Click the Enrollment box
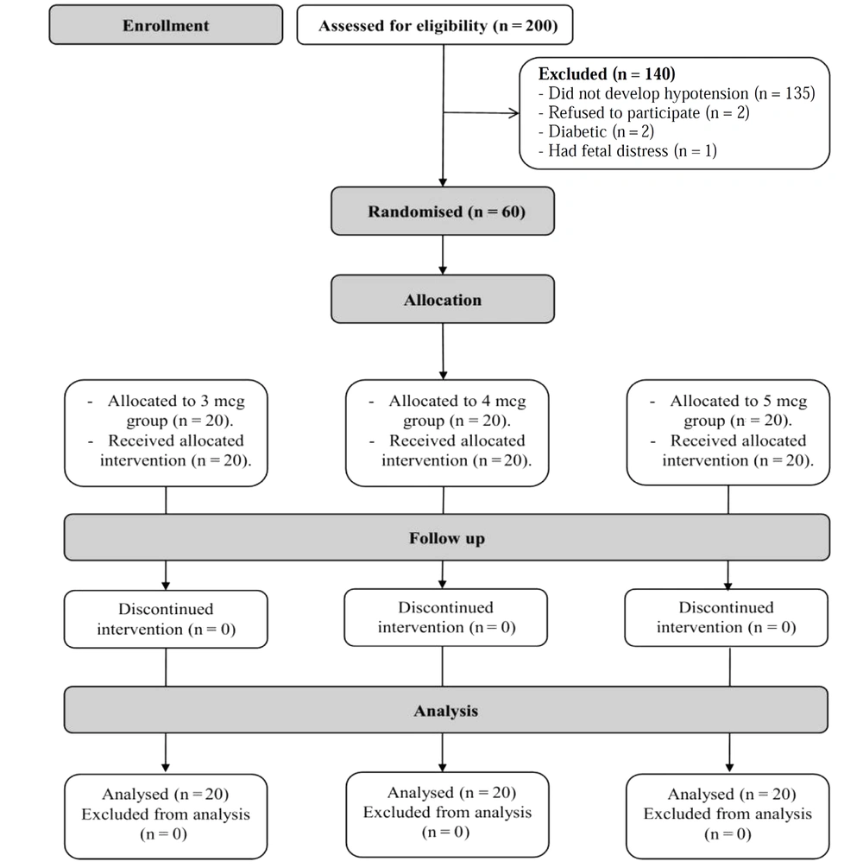pyautogui.click(x=166, y=25)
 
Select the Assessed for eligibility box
pyautogui.click(x=435, y=25)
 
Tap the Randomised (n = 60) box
pyautogui.click(x=443, y=211)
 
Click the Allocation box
pyautogui.click(x=443, y=299)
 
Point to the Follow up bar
pyautogui.click(x=447, y=537)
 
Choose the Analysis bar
pyautogui.click(x=446, y=710)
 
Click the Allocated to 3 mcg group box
pyautogui.click(x=166, y=433)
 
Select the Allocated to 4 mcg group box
pyautogui.click(x=447, y=433)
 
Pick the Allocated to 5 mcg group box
pyautogui.click(x=728, y=433)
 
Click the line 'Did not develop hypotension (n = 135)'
pyautogui.click(x=677, y=93)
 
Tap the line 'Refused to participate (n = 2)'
pyautogui.click(x=644, y=113)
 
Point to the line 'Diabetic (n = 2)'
pyautogui.click(x=595, y=132)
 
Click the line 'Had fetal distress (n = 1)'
pyautogui.click(x=627, y=150)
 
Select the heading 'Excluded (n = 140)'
pyautogui.click(x=607, y=73)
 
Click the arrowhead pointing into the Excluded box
pyautogui.click(x=514, y=113)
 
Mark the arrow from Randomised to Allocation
pyautogui.click(x=443, y=255)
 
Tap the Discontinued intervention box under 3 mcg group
pyautogui.click(x=166, y=619)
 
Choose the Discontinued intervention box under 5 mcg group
pyautogui.click(x=727, y=618)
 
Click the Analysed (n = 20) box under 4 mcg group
pyautogui.click(x=448, y=814)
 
